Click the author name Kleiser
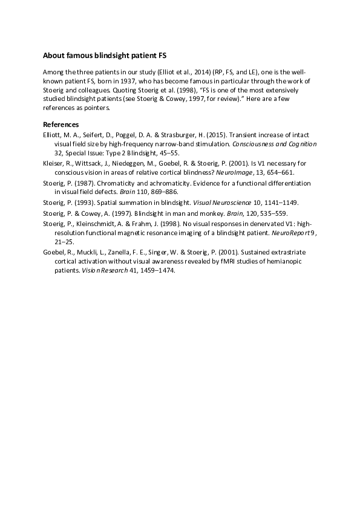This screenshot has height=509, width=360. (54, 163)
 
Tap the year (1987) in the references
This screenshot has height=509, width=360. (83, 183)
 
